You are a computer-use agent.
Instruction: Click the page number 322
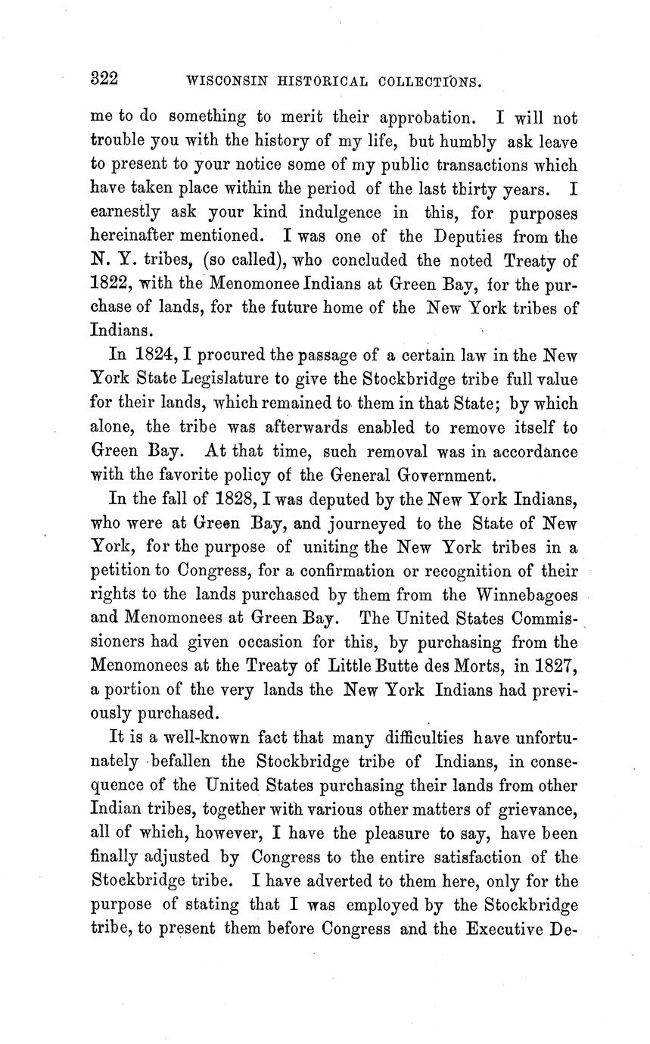pyautogui.click(x=104, y=79)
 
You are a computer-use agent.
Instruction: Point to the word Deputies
pyautogui.click(x=456, y=236)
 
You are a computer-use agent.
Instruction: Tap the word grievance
pyautogui.click(x=539, y=810)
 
